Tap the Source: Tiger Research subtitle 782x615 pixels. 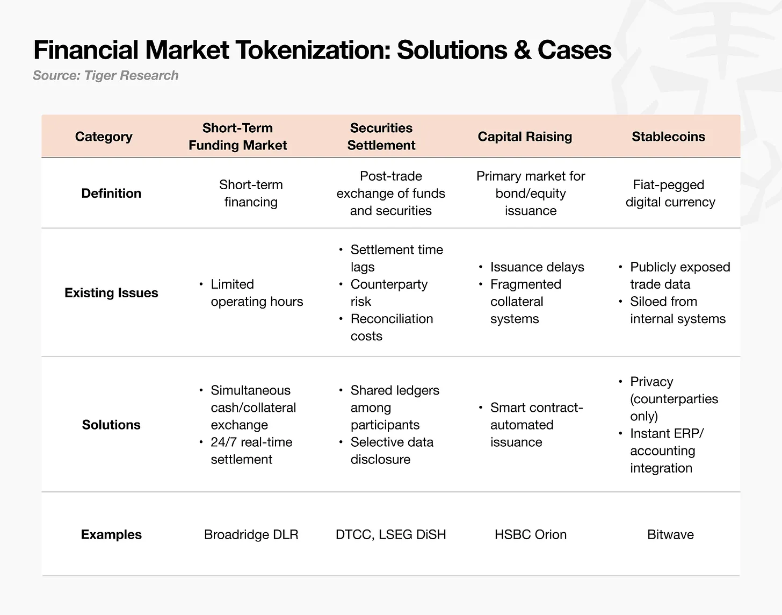(105, 75)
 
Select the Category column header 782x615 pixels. (104, 137)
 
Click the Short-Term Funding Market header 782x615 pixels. (237, 137)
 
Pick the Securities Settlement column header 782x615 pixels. (381, 137)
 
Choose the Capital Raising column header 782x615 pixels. (525, 137)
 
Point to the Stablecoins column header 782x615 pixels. (668, 137)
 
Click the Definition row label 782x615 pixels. (111, 194)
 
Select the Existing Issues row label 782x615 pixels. (111, 293)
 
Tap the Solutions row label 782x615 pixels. (111, 425)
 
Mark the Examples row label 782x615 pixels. (111, 535)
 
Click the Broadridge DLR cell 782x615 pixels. (251, 535)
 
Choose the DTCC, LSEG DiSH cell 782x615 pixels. (391, 535)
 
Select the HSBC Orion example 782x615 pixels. (531, 535)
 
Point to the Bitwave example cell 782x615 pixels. (670, 535)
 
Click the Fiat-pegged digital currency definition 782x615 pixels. (670, 194)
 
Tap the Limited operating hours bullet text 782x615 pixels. (257, 293)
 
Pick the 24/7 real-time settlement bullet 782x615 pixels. (251, 451)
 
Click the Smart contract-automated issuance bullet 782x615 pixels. (536, 425)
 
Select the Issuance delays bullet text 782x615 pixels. (537, 267)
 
